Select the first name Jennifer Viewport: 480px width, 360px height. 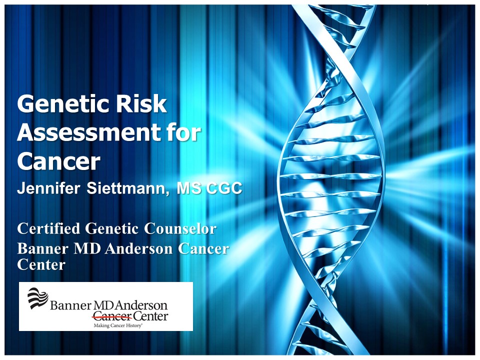48,188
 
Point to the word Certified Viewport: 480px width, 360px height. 48,228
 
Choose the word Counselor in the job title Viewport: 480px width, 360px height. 180,228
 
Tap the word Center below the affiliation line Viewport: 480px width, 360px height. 41,264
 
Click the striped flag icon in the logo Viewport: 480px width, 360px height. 37,298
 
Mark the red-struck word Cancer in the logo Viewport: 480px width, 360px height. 112,315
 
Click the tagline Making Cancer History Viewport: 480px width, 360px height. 118,325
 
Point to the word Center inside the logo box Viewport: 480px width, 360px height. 150,315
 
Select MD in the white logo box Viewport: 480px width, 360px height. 104,305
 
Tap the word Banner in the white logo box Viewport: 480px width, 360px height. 70,305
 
